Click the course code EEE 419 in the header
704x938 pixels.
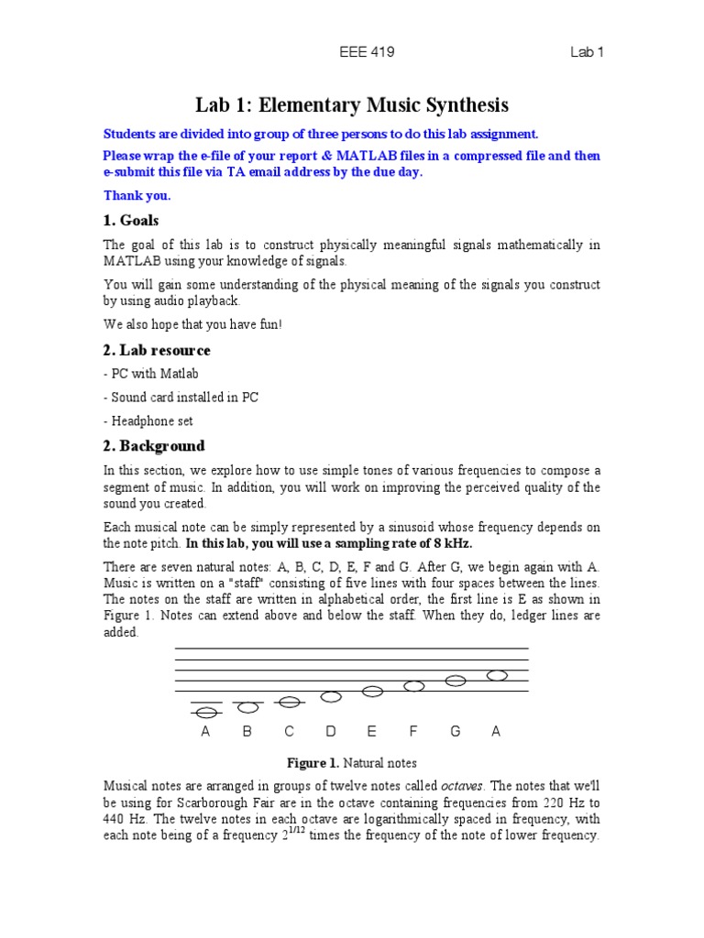[366, 52]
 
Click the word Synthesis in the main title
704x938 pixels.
[458, 105]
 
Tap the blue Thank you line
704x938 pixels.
[137, 195]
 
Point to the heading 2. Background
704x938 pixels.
[153, 446]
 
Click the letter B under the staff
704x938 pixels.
[247, 732]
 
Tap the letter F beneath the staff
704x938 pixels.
[413, 732]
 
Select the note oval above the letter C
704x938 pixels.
[290, 703]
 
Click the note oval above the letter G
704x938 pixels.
[456, 681]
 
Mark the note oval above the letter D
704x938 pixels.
[331, 697]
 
